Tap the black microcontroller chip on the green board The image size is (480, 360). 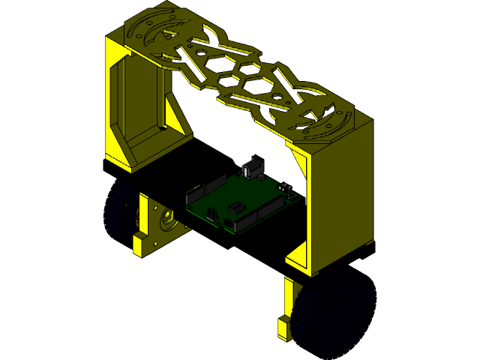pos(236,207)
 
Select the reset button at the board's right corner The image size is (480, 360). pos(285,186)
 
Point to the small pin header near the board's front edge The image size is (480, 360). pos(211,216)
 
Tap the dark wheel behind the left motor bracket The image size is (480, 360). pos(120,214)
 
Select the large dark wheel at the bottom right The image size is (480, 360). pos(334,315)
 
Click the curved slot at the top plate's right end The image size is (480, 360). pos(330,124)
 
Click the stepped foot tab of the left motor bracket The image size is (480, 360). pos(141,244)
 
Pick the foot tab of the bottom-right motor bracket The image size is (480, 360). pos(283,326)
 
